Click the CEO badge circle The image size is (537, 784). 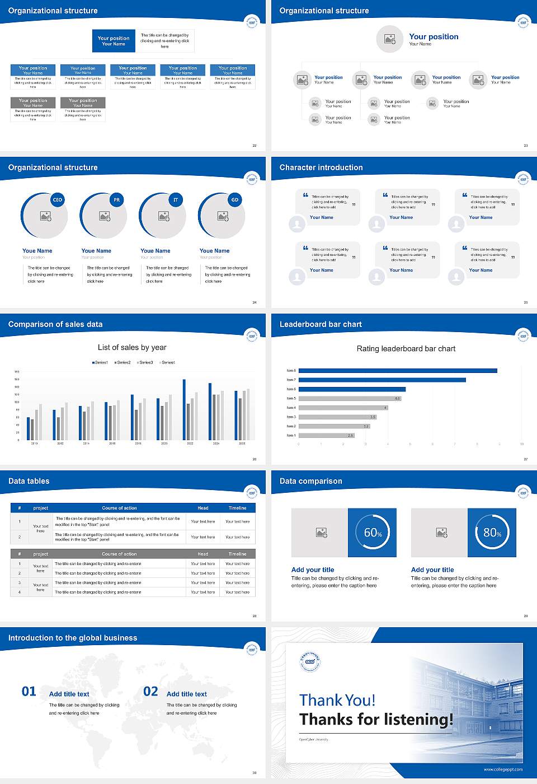(58, 200)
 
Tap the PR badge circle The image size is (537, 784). (116, 200)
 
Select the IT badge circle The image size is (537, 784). (176, 200)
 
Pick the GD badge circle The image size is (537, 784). (235, 200)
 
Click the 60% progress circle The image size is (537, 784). (373, 533)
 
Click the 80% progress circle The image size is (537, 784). (492, 533)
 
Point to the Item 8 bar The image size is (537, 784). (398, 371)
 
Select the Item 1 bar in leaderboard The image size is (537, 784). (327, 435)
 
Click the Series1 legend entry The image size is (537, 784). (100, 362)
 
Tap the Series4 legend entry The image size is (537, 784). (167, 362)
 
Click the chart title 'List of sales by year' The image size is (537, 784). (132, 347)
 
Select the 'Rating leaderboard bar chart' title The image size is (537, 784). (406, 348)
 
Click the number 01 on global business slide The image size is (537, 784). (29, 692)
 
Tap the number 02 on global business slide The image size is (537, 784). (150, 692)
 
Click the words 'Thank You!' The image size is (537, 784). (337, 700)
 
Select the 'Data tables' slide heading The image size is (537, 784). (29, 481)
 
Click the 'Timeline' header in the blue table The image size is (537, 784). (237, 508)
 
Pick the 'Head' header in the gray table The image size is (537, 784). (203, 554)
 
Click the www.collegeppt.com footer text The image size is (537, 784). (503, 769)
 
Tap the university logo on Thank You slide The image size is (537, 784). (309, 661)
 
